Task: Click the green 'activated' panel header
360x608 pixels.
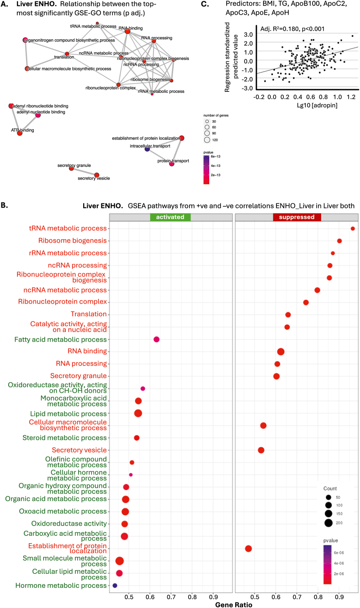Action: (170, 218)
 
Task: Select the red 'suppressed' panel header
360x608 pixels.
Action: (296, 218)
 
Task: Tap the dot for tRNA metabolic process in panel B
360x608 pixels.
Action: (353, 229)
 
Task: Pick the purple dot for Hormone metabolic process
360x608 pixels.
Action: (115, 586)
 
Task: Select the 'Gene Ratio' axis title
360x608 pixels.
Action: (234, 603)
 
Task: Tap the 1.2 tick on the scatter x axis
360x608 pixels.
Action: (351, 97)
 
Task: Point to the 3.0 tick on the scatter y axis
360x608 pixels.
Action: (249, 34)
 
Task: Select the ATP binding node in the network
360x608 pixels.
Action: (20, 133)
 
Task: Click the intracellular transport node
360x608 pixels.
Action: (147, 149)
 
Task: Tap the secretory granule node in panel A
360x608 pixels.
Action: (71, 169)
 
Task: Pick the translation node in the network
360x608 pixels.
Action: (67, 54)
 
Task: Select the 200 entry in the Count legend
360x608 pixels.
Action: (328, 523)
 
